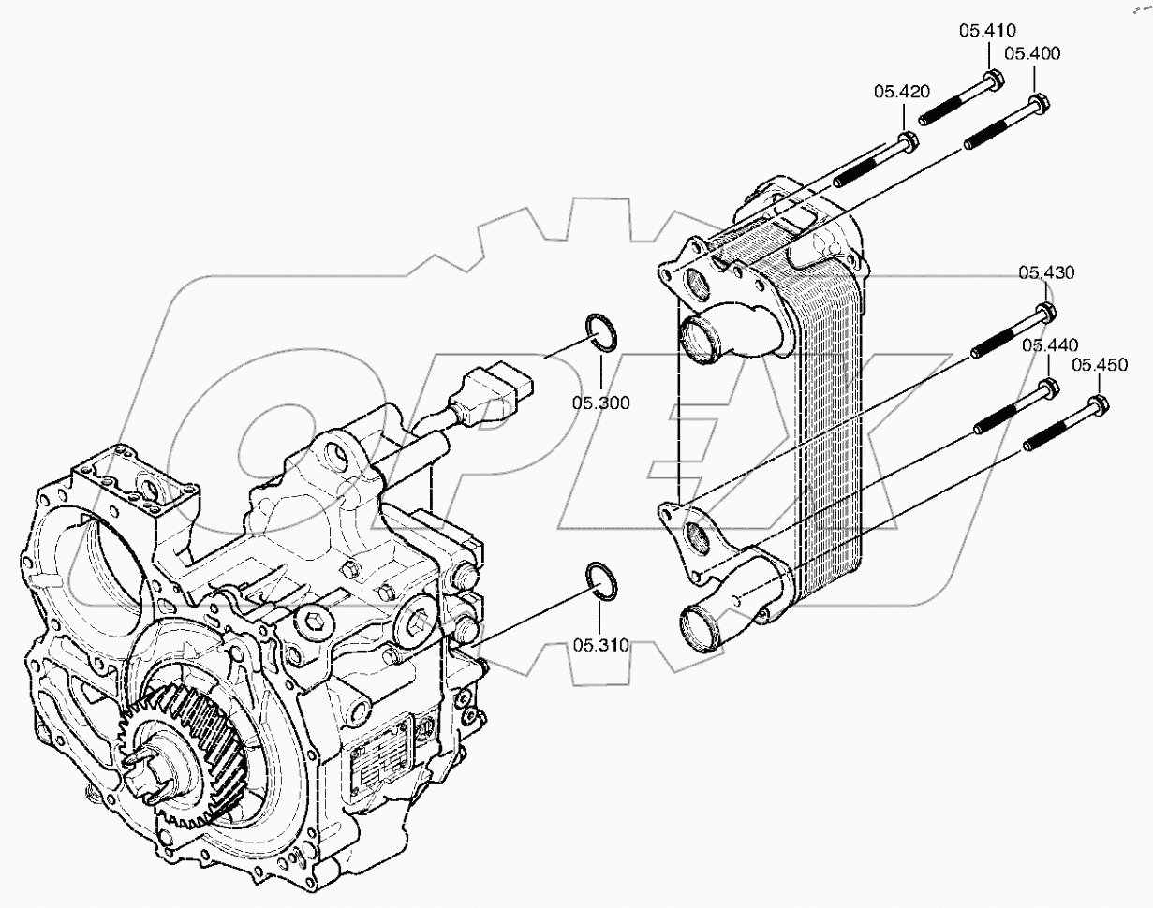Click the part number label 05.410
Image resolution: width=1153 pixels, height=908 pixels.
point(986,30)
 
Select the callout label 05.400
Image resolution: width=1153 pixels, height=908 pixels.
point(1033,53)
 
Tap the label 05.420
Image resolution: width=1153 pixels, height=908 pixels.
point(902,91)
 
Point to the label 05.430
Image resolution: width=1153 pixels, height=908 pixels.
point(1046,272)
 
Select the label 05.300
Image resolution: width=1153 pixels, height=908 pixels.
point(601,403)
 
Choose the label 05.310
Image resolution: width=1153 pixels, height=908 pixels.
point(600,645)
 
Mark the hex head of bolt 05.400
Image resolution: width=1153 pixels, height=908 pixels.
point(1039,103)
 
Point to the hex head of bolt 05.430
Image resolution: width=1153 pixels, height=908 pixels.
point(1047,311)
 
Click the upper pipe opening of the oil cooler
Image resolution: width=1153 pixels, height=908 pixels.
point(701,340)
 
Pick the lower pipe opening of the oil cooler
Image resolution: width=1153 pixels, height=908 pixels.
point(699,628)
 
